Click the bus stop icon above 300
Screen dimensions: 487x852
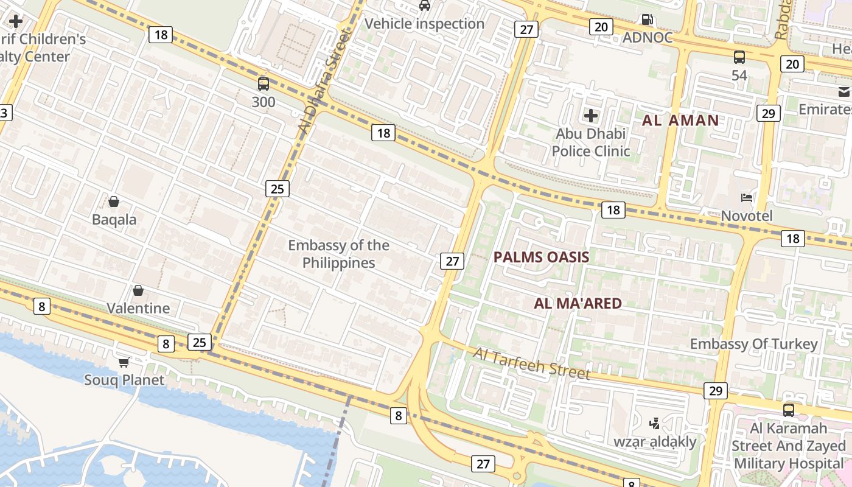coord(264,84)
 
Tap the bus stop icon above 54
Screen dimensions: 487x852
coord(739,57)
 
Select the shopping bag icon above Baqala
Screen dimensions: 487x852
coord(114,201)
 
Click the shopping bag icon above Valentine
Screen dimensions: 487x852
coord(138,290)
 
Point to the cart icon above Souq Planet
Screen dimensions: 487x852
coord(124,362)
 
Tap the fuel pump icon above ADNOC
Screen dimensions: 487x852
coord(648,19)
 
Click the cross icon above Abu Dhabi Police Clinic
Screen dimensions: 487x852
coord(590,115)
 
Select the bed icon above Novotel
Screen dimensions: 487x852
coord(747,197)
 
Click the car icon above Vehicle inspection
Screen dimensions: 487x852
coord(425,5)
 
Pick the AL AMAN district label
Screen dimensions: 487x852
coord(680,120)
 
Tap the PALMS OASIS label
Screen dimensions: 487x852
coord(541,257)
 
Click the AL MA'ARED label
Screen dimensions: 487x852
coord(578,303)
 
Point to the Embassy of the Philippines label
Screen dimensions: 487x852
coord(338,254)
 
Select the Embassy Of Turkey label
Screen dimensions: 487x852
coord(753,344)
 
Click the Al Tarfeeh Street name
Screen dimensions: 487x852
coord(531,363)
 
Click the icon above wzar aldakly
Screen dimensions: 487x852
coord(655,423)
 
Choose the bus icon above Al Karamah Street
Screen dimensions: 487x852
coord(789,410)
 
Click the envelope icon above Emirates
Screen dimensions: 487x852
coord(844,91)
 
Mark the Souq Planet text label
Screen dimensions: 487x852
coord(124,380)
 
